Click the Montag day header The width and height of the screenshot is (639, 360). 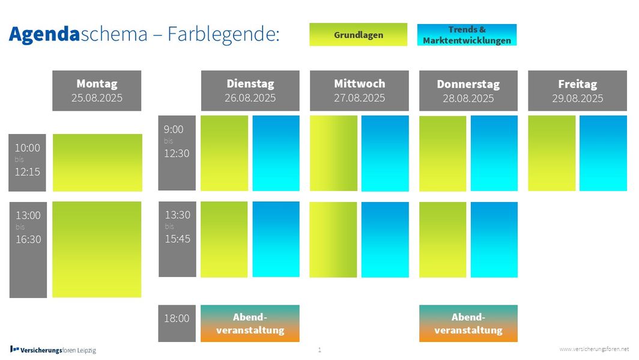pyautogui.click(x=97, y=91)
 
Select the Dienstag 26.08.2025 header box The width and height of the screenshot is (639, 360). pyautogui.click(x=250, y=91)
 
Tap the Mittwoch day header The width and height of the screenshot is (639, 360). pyautogui.click(x=359, y=91)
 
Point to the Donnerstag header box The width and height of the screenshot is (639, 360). pyautogui.click(x=468, y=91)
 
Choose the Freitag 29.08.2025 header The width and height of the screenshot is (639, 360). pyautogui.click(x=578, y=91)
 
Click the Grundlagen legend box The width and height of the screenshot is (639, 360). pyautogui.click(x=358, y=35)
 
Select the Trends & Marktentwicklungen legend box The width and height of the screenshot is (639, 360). pyautogui.click(x=467, y=35)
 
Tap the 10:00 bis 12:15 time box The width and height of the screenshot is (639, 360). pyautogui.click(x=27, y=163)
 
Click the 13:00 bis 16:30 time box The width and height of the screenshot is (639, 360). pyautogui.click(x=28, y=250)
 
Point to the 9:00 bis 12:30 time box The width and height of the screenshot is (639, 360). pyautogui.click(x=177, y=153)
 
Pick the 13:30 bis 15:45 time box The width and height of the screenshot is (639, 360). pyautogui.click(x=177, y=239)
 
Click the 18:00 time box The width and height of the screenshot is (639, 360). pyautogui.click(x=177, y=323)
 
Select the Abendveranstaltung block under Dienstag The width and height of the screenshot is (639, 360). pyautogui.click(x=250, y=323)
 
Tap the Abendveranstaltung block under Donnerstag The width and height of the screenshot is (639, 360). pyautogui.click(x=468, y=323)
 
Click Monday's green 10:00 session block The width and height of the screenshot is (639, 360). pyautogui.click(x=97, y=163)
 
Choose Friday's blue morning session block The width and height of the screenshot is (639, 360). pyautogui.click(x=603, y=153)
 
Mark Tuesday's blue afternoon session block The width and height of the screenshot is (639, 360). pyautogui.click(x=276, y=239)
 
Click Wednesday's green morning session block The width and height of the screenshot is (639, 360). pyautogui.click(x=333, y=153)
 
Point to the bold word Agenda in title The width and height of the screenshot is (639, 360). pyautogui.click(x=44, y=34)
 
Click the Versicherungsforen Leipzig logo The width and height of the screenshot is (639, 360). pyautogui.click(x=53, y=350)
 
